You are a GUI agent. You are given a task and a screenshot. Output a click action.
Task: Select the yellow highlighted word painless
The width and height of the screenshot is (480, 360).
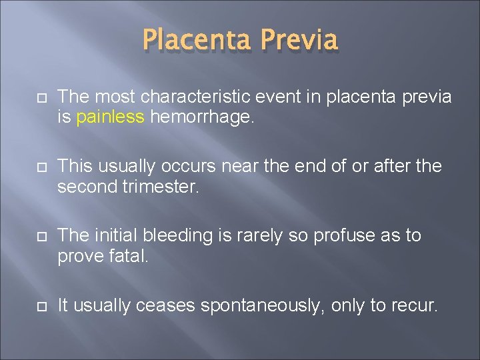[110, 117]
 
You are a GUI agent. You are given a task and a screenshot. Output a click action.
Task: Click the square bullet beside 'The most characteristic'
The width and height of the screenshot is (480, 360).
[36, 98]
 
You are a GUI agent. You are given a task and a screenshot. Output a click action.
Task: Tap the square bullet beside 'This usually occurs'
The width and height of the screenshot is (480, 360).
[36, 167]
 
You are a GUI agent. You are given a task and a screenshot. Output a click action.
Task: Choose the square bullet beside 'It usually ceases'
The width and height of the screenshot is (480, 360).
[36, 307]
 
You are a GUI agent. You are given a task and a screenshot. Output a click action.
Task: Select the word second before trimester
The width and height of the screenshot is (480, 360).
[84, 187]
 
